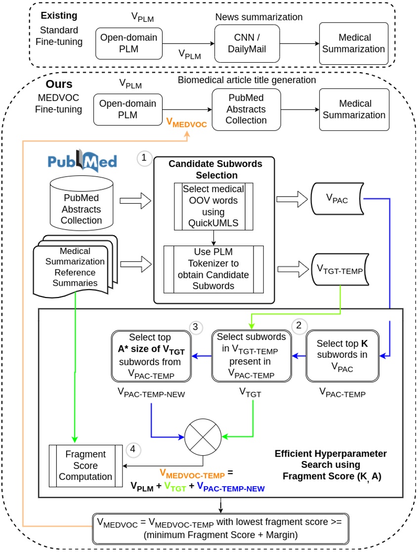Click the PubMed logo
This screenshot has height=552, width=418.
coord(83,162)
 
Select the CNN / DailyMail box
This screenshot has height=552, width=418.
coord(247,43)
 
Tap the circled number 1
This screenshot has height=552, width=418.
coord(144,158)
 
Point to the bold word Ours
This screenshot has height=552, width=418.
coord(59,84)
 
